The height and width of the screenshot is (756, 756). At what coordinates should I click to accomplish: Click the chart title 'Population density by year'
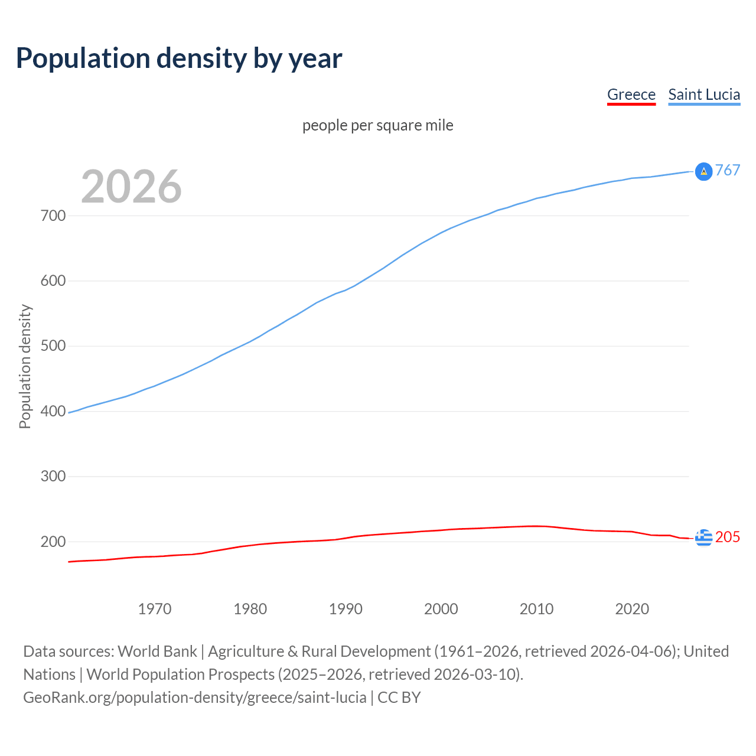tap(179, 58)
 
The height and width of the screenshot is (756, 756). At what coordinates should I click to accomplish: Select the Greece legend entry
tap(631, 94)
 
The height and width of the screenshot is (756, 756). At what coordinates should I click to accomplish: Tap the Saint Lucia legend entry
tap(704, 94)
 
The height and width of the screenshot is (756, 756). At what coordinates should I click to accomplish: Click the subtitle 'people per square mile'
tap(377, 125)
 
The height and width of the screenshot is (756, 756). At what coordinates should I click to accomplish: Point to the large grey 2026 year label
tap(131, 187)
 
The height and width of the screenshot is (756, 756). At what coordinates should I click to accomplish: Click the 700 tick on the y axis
tap(53, 216)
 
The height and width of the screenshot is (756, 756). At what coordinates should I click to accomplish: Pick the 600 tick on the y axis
tap(53, 281)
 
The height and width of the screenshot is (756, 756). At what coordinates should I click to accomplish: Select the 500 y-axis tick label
tap(53, 346)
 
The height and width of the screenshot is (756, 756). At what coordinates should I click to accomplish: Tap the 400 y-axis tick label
tap(53, 411)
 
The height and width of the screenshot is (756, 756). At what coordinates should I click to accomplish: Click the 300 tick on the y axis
tap(53, 476)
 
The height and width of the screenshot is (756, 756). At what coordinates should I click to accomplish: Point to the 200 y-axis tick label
tap(53, 542)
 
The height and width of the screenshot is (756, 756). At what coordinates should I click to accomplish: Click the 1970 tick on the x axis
tap(155, 609)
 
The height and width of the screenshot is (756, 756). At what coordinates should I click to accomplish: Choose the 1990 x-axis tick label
tap(346, 609)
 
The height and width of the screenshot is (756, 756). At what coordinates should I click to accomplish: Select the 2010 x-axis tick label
tap(536, 609)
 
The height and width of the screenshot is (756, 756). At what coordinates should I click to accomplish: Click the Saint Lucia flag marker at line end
tap(703, 171)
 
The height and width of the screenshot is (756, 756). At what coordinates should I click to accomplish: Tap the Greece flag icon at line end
tap(703, 537)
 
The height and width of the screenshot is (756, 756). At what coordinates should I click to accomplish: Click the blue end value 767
tap(728, 170)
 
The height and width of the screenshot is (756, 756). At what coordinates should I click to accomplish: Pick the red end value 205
tap(728, 537)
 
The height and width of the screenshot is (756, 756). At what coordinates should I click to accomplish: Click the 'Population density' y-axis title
tap(25, 366)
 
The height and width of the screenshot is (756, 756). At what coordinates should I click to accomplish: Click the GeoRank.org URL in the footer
tap(194, 697)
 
